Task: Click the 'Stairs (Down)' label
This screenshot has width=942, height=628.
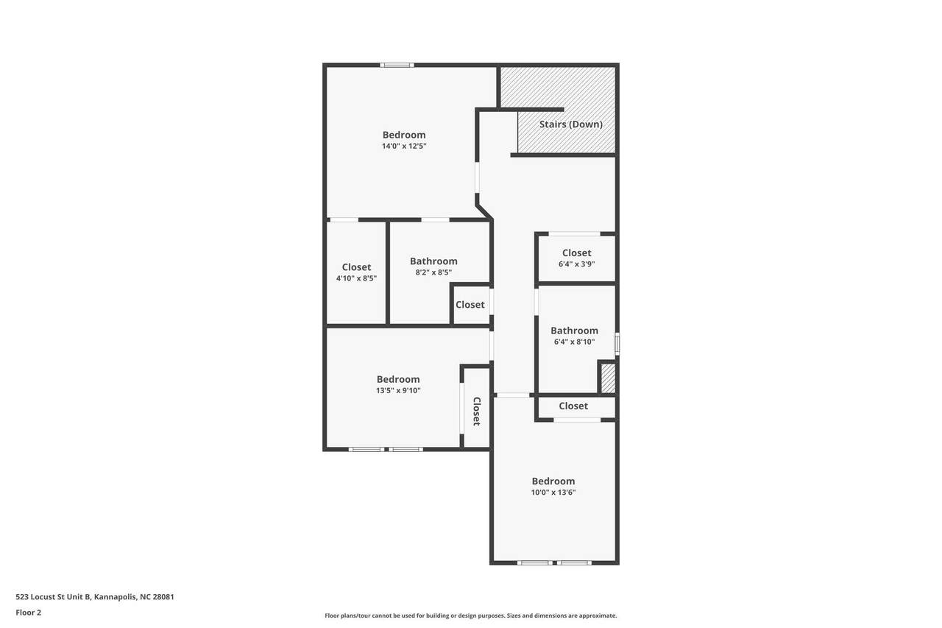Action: tap(570, 124)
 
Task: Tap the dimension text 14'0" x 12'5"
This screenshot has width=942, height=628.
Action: tap(404, 146)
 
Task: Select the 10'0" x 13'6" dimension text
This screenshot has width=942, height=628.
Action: tap(553, 492)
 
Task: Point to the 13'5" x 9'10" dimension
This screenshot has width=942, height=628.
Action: tap(398, 390)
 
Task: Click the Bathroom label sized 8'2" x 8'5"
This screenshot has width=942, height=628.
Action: tap(433, 261)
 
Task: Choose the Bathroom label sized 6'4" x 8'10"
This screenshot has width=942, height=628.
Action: tap(575, 331)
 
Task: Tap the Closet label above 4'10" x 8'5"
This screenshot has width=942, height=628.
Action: tap(357, 267)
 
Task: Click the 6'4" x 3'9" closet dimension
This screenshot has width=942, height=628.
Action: tap(576, 264)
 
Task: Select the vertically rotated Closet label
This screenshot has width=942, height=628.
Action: tap(476, 412)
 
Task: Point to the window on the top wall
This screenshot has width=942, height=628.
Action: tap(397, 66)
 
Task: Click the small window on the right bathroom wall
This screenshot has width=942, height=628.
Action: tap(617, 344)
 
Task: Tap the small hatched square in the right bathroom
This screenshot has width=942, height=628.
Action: tap(608, 379)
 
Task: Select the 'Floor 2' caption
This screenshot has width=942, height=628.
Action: tap(29, 613)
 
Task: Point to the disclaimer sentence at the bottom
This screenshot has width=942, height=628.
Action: tap(470, 615)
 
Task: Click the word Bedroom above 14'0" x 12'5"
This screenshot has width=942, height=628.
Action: tap(404, 135)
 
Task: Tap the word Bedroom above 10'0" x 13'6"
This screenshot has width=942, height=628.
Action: tap(553, 481)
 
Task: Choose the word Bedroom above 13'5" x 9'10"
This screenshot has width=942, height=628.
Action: tap(398, 379)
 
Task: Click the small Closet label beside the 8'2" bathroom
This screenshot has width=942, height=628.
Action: tap(470, 305)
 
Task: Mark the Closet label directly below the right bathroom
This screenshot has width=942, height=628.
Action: tap(573, 406)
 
